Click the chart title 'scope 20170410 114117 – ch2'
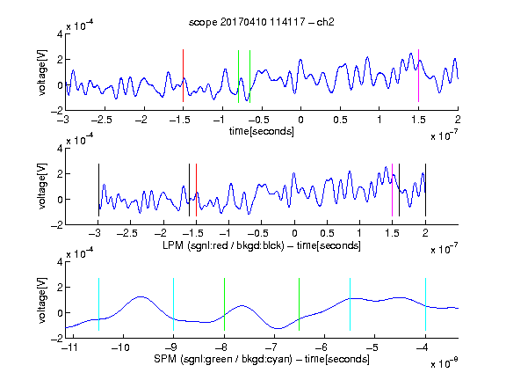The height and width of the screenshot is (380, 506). pyautogui.click(x=262, y=22)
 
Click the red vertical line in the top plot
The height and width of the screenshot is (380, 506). pyautogui.click(x=183, y=76)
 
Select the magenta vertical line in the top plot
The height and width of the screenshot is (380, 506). pyautogui.click(x=418, y=76)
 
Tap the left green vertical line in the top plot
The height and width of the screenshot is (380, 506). pyautogui.click(x=238, y=77)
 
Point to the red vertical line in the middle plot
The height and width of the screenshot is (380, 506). pyautogui.click(x=196, y=190)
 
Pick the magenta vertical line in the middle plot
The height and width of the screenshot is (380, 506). pyautogui.click(x=392, y=190)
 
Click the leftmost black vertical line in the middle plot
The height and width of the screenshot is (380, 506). pyautogui.click(x=98, y=190)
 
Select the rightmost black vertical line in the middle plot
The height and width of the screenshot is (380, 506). pyautogui.click(x=425, y=190)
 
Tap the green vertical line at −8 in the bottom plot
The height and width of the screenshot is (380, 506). pyautogui.click(x=224, y=304)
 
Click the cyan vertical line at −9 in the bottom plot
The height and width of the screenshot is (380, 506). pyautogui.click(x=173, y=304)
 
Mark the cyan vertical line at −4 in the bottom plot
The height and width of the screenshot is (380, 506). pyautogui.click(x=425, y=304)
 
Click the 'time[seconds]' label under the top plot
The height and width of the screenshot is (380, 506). pyautogui.click(x=262, y=131)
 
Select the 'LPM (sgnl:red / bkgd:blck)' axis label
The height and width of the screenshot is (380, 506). pyautogui.click(x=223, y=245)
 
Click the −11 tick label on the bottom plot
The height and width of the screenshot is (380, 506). pyautogui.click(x=71, y=347)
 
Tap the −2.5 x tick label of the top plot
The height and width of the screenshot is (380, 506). pyautogui.click(x=101, y=120)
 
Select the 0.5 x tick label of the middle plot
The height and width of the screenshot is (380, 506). pyautogui.click(x=327, y=233)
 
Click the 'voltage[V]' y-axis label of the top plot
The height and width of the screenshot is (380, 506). pyautogui.click(x=42, y=72)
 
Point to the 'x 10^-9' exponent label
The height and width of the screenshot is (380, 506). pyautogui.click(x=445, y=363)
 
